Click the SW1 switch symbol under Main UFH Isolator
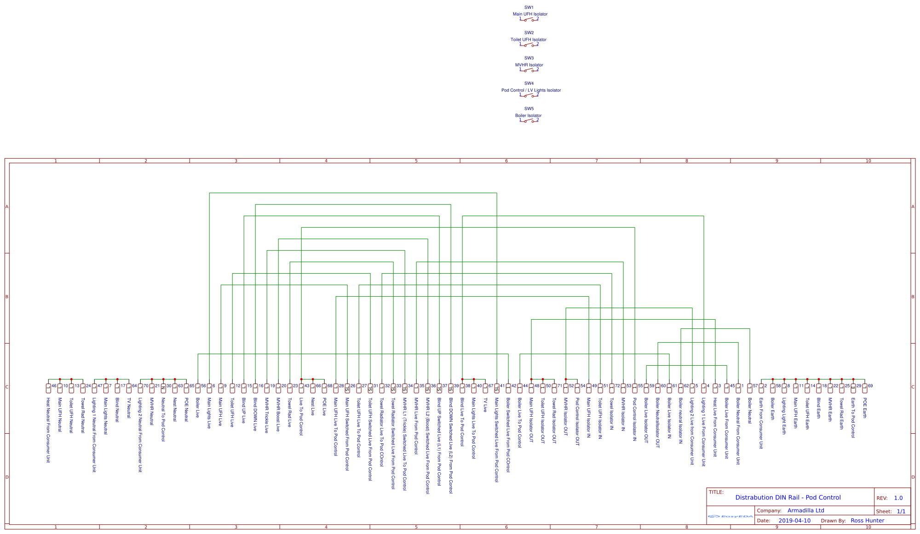click(529, 19)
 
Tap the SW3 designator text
click(529, 58)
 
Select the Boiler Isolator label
click(528, 115)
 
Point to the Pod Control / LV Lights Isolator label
click(531, 90)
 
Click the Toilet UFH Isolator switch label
click(528, 40)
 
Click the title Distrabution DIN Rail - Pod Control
click(788, 498)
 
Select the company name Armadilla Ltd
click(805, 511)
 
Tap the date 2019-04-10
click(794, 521)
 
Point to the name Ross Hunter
click(867, 521)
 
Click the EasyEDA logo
click(730, 517)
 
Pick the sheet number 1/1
click(901, 511)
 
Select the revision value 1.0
click(898, 498)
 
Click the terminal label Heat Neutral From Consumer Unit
click(48, 430)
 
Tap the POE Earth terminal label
click(864, 408)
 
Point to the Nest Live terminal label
click(312, 407)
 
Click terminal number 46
click(54, 386)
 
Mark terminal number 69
click(870, 386)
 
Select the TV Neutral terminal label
click(128, 408)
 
